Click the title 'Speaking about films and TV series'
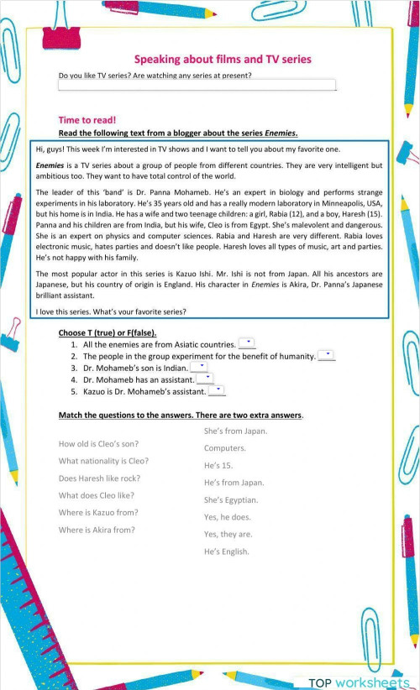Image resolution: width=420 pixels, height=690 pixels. click(x=223, y=60)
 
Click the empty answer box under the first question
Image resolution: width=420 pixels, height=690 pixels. click(x=197, y=86)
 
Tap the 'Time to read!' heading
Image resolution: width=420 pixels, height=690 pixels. click(x=87, y=120)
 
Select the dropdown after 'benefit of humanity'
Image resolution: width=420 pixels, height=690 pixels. click(x=327, y=355)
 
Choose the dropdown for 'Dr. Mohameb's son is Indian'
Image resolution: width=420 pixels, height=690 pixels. click(x=199, y=367)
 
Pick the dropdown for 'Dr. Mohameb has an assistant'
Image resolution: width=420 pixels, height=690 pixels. click(x=205, y=379)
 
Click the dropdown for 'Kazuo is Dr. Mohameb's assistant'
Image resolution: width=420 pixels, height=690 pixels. click(x=217, y=390)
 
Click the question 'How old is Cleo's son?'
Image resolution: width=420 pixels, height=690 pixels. click(x=98, y=443)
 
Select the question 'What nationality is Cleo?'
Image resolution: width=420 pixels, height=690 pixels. click(x=103, y=461)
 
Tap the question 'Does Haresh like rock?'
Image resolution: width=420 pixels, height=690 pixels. click(x=99, y=478)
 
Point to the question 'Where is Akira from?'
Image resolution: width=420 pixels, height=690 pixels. click(x=97, y=530)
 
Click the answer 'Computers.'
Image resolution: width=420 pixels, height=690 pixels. click(x=224, y=448)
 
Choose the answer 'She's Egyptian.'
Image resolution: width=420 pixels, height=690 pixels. click(x=231, y=499)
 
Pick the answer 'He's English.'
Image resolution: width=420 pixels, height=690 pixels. click(x=226, y=551)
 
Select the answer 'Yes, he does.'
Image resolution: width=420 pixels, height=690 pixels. click(x=227, y=517)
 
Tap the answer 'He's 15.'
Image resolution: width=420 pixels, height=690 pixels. click(x=218, y=465)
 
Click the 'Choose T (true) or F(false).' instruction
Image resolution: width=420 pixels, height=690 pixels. click(x=108, y=333)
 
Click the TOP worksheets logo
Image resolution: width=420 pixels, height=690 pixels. click(x=358, y=683)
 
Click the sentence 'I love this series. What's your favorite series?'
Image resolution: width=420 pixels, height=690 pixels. click(x=111, y=312)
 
